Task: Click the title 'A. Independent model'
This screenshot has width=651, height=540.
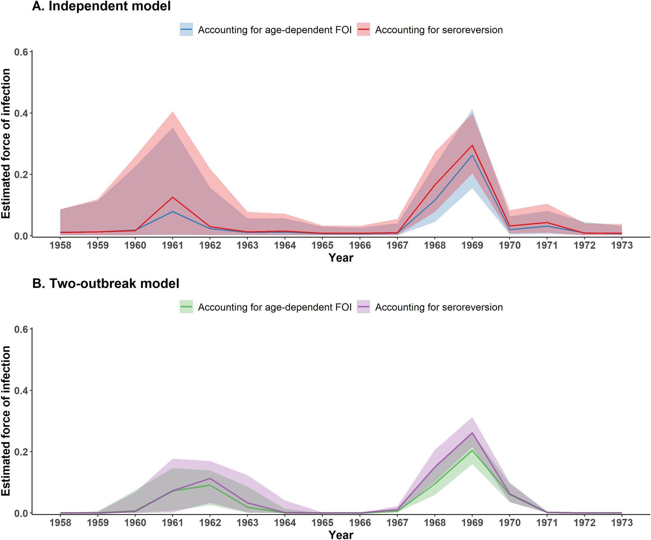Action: click(101, 6)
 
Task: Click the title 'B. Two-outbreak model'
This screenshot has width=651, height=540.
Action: click(106, 283)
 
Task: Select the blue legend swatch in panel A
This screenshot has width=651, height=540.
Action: click(186, 29)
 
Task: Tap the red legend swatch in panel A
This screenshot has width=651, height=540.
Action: click(363, 29)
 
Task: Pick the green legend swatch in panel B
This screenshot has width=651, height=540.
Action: click(186, 307)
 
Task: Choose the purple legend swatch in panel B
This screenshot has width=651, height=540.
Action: click(363, 307)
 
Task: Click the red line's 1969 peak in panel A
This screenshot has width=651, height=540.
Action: click(472, 145)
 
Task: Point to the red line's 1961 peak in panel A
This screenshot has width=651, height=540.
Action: click(173, 197)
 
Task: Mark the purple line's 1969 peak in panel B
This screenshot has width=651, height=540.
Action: click(472, 433)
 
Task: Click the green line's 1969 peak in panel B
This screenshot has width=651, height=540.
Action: click(472, 450)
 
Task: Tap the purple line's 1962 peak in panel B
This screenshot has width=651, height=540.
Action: click(210, 479)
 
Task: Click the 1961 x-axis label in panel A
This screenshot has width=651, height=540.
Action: click(173, 245)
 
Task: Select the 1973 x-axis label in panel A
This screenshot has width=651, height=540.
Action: click(622, 245)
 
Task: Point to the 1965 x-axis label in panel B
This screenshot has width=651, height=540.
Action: click(322, 523)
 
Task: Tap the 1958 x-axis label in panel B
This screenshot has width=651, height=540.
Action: click(61, 523)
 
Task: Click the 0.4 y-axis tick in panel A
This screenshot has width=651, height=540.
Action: click(21, 113)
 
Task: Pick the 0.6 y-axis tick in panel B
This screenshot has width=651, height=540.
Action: click(21, 329)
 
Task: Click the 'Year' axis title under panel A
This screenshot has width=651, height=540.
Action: click(341, 258)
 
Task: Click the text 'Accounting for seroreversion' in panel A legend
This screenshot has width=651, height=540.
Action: click(439, 30)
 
